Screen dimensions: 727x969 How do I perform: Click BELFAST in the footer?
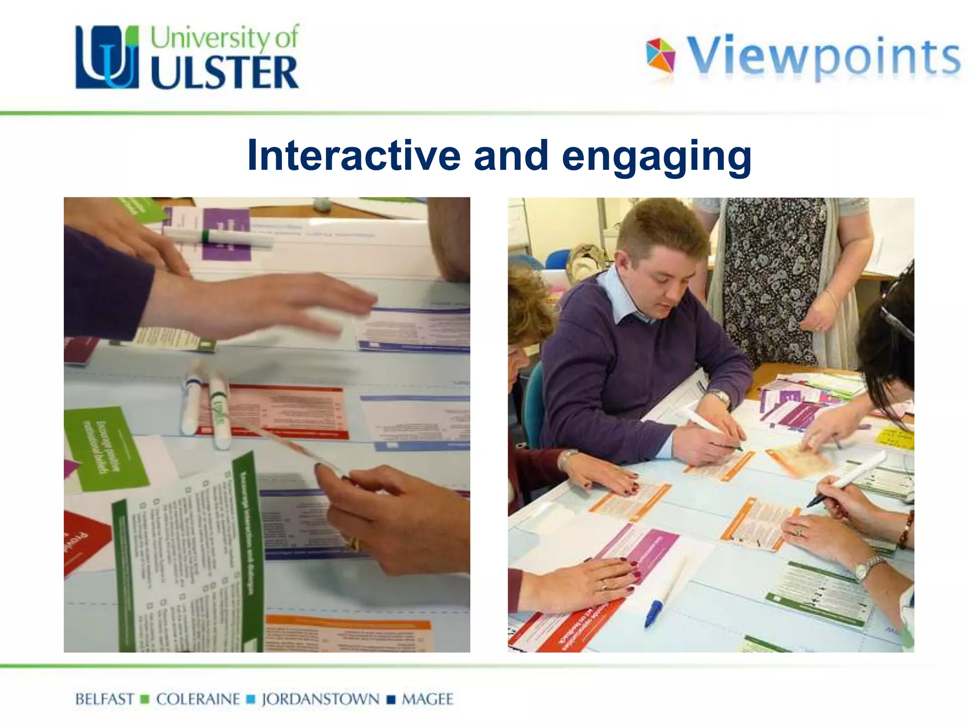105,699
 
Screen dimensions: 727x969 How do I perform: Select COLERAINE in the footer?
198,699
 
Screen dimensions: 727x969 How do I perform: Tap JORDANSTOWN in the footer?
320,699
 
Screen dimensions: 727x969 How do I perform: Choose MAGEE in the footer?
427,699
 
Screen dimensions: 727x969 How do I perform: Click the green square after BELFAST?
145,700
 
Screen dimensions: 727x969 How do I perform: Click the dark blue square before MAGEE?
391,700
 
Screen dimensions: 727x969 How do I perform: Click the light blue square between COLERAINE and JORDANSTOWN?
251,700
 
